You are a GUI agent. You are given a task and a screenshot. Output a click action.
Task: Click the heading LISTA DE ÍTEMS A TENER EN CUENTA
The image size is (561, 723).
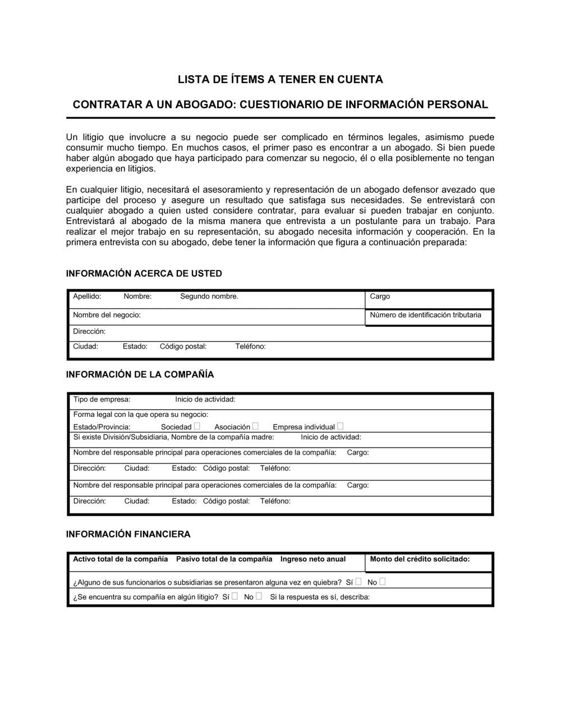pyautogui.click(x=280, y=80)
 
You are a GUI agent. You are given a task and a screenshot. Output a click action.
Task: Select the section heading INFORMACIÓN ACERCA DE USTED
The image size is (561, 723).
pyautogui.click(x=144, y=274)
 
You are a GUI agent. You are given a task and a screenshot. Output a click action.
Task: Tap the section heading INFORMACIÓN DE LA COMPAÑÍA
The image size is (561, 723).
pyautogui.click(x=140, y=374)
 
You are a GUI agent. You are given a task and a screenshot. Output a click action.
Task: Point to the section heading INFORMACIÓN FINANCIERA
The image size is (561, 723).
pyautogui.click(x=128, y=534)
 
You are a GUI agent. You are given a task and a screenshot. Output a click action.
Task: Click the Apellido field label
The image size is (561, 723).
pyautogui.click(x=87, y=296)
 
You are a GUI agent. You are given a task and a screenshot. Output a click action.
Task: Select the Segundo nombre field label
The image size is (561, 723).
pyautogui.click(x=209, y=296)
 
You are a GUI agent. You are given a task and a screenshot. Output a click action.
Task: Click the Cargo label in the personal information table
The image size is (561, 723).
pyautogui.click(x=380, y=296)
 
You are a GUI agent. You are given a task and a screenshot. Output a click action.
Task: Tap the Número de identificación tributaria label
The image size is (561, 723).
pyautogui.click(x=425, y=315)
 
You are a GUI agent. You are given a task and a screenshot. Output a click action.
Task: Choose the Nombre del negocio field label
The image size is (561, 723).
pyautogui.click(x=107, y=315)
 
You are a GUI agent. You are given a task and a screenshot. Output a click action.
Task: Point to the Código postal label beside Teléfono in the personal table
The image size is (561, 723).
pyautogui.click(x=183, y=346)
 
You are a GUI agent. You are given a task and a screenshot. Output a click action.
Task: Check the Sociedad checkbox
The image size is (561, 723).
pyautogui.click(x=197, y=427)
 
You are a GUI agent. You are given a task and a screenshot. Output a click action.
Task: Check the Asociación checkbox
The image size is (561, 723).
pyautogui.click(x=255, y=427)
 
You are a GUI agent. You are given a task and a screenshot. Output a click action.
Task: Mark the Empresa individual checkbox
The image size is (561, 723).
pyautogui.click(x=340, y=427)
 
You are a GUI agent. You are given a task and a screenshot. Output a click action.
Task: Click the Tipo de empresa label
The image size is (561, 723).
pyautogui.click(x=102, y=400)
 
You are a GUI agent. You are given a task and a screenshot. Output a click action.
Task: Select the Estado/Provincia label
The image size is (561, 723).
pyautogui.click(x=102, y=427)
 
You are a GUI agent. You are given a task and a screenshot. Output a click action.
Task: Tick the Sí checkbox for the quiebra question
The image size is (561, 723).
pyautogui.click(x=358, y=582)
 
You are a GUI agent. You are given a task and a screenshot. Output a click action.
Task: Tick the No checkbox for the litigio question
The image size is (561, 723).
pyautogui.click(x=259, y=596)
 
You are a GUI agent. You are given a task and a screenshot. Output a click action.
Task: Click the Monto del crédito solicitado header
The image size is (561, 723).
pyautogui.click(x=420, y=559)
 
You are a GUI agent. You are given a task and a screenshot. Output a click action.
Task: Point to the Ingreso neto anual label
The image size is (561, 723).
pyautogui.click(x=313, y=559)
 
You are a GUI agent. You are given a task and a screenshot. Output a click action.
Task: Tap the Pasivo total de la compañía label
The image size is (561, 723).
pyautogui.click(x=224, y=559)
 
